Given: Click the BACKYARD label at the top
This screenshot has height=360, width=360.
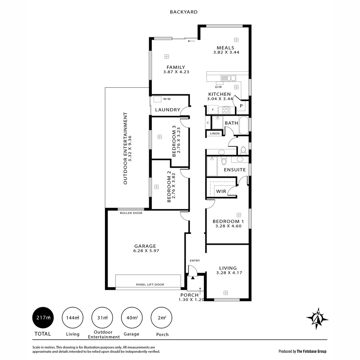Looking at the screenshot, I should click(184, 12).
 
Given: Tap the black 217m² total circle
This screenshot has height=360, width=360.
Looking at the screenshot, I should click(43, 318).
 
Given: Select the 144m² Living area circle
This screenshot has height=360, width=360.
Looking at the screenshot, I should click(73, 318).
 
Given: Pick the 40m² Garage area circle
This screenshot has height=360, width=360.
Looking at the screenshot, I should click(132, 318).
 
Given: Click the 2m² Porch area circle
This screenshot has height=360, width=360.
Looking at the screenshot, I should click(162, 318).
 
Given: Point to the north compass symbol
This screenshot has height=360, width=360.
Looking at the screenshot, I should click(317, 317).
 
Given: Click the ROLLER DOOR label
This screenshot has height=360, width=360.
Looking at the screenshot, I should click(131, 213).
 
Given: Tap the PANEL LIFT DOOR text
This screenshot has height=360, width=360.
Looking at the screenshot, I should click(150, 285).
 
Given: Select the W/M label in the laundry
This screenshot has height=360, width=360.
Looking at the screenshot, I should click(167, 99).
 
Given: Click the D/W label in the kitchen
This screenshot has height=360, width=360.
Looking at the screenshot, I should click(218, 87).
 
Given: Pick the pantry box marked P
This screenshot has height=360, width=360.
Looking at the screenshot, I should click(241, 106).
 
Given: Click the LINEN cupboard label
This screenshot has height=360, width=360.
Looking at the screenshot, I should click(215, 134).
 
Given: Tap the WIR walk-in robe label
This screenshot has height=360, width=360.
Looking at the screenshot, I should click(221, 191).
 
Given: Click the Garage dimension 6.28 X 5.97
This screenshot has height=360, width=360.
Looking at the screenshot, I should click(145, 251).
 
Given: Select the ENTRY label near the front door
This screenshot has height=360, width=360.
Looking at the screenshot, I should click(195, 260).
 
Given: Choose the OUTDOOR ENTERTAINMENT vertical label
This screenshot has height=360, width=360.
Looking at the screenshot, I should click(125, 148).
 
